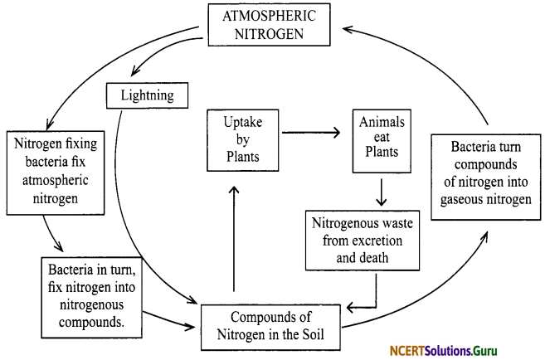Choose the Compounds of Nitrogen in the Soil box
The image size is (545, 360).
[x=270, y=325]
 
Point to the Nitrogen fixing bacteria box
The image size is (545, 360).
[x=55, y=168]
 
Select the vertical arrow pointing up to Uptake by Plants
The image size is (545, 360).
[x=236, y=236]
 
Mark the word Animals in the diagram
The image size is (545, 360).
[x=382, y=122]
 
